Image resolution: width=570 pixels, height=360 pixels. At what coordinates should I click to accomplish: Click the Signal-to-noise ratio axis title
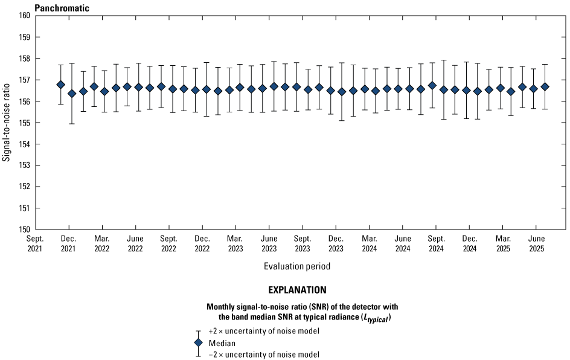(7, 123)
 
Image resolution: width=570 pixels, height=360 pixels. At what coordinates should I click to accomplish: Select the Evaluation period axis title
(296, 266)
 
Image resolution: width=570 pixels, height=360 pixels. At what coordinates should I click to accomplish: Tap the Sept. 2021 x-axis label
(35, 243)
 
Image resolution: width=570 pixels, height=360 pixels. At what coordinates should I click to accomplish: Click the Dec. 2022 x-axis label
(202, 243)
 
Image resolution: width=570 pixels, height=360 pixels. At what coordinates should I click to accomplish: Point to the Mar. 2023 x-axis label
(235, 243)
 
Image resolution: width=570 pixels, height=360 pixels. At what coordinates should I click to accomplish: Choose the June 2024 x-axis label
(403, 243)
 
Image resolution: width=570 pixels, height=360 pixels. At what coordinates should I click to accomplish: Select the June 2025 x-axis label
(536, 243)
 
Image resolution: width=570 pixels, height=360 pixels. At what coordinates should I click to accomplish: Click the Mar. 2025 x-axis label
(503, 243)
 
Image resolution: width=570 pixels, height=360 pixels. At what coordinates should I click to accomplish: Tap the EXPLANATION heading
(296, 290)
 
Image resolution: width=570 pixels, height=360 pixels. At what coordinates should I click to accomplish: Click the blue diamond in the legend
(198, 343)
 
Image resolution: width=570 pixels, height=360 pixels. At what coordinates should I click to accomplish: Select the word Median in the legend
(222, 343)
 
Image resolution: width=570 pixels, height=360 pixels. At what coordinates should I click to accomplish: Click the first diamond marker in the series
(61, 85)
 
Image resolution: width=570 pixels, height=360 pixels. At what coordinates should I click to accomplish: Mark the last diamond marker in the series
(545, 86)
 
